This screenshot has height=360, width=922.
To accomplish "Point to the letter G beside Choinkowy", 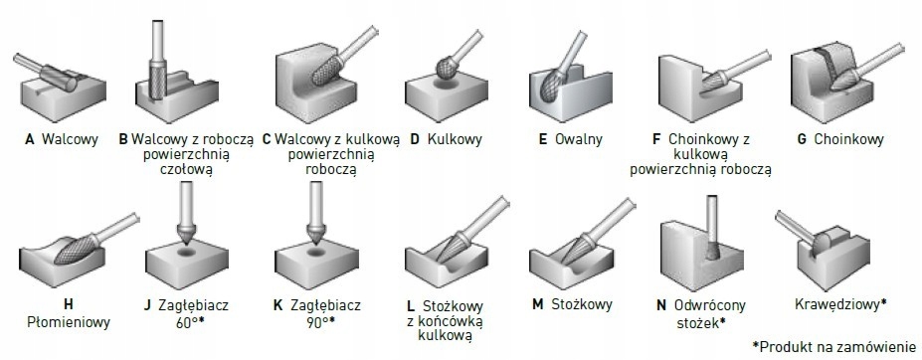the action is pos(802,140).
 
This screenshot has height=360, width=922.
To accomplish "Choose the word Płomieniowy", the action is pos(70,322).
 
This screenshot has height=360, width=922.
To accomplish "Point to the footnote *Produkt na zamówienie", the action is pos(833,346).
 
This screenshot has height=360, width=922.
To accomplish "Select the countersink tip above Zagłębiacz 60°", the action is pos(185,239).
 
